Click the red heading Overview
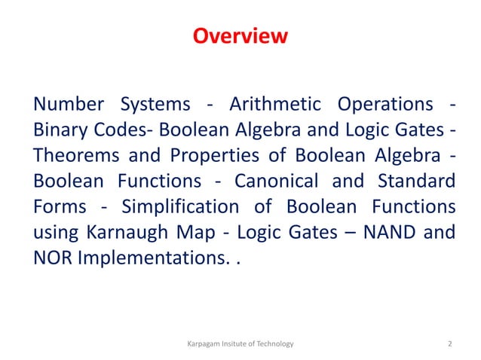point(240,36)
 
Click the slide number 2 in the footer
point(450,344)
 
